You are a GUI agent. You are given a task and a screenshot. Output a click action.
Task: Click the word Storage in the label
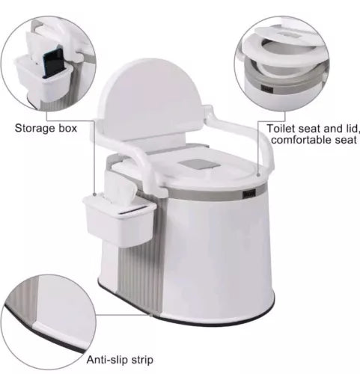point(35,129)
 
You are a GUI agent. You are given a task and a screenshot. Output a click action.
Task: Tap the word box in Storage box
point(68,128)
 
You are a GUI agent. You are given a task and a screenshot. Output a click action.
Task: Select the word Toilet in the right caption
point(281,129)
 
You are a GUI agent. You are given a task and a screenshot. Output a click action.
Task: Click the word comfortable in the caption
point(301,140)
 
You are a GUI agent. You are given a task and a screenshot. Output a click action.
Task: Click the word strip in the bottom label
point(142,361)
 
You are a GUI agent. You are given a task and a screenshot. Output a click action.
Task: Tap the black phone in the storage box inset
point(53,62)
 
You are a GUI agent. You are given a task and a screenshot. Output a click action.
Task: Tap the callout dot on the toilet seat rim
point(259,175)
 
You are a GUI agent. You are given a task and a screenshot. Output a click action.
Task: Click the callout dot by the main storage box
point(94,194)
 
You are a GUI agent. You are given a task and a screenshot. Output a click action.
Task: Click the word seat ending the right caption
point(346,140)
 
